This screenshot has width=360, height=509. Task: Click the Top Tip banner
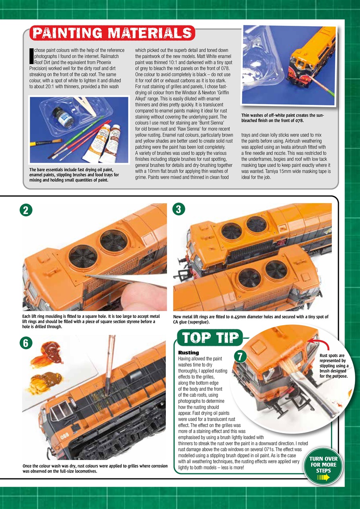click(x=211, y=338)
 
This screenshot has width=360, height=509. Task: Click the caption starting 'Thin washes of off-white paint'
click(x=283, y=118)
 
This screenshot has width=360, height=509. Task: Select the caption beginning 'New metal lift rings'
click(x=251, y=319)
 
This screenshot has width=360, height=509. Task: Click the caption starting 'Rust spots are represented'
click(x=334, y=365)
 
